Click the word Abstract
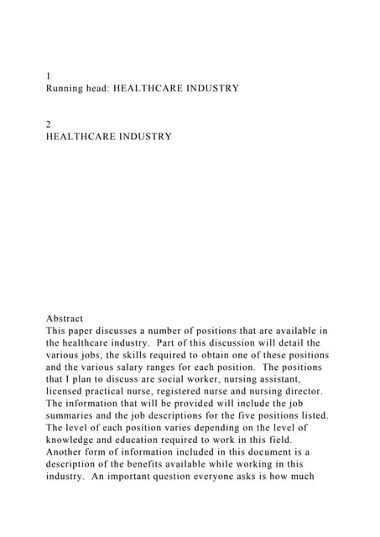[x=65, y=319]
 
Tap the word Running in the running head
[x=69, y=87]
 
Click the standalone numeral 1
[x=49, y=76]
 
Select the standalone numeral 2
[x=49, y=123]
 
